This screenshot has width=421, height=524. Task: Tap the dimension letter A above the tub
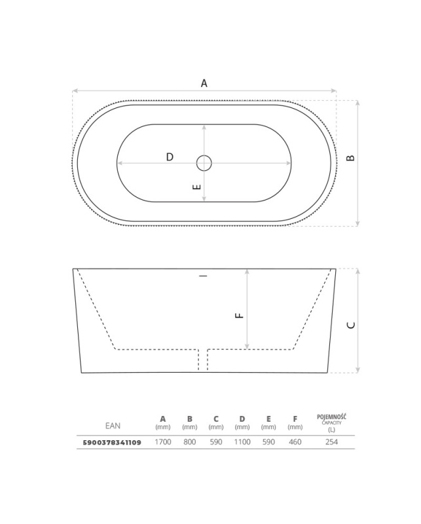[204, 83]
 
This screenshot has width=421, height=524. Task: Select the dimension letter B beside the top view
[350, 158]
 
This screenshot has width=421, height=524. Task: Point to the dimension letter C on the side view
[351, 325]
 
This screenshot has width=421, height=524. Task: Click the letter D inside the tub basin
[170, 157]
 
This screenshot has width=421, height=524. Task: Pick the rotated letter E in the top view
[197, 187]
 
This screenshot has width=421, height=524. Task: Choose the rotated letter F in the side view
[240, 315]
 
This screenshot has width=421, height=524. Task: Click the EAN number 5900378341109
[112, 443]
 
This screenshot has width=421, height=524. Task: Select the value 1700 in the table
[163, 441]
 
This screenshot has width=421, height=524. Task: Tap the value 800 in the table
[189, 441]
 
